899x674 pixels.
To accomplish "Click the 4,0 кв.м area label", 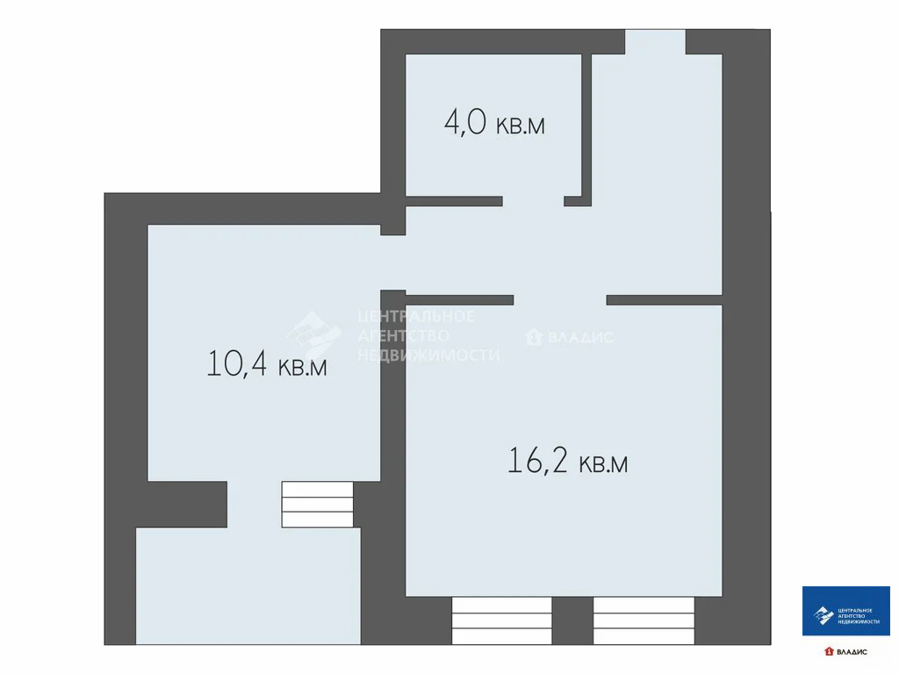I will coord(494,123).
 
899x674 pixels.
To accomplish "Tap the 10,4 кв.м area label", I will coord(267,363).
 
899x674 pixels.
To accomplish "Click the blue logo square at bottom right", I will coord(845,611).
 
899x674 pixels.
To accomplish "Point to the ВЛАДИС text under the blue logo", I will coord(851,651).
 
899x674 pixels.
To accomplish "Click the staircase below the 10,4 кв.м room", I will coord(317,504).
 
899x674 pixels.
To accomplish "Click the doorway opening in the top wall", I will coord(655,41).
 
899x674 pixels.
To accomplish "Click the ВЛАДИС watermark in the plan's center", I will coord(570,337).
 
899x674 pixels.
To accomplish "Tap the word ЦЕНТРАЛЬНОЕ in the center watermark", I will coord(416,317).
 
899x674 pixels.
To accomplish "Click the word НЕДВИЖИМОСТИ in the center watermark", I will coord(428,355).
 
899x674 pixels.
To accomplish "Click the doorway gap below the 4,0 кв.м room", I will coord(532,201).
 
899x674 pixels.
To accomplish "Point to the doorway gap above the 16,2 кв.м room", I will coord(559,299).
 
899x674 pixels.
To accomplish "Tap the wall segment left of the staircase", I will coord(186,503).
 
